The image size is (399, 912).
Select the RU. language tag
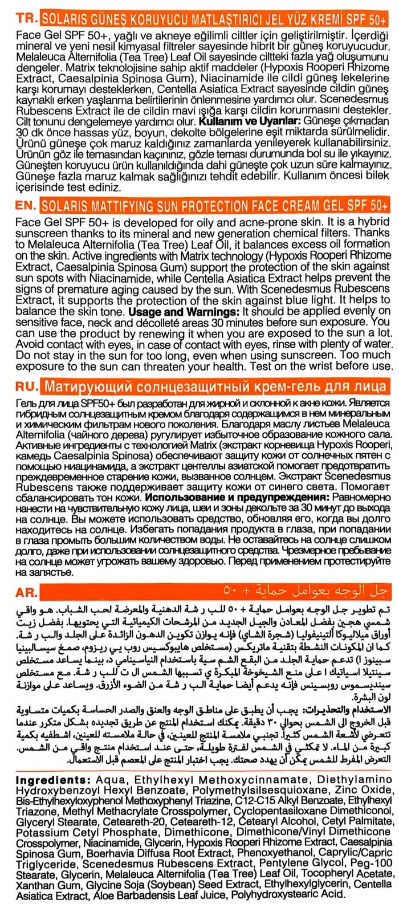[x=21, y=388]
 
